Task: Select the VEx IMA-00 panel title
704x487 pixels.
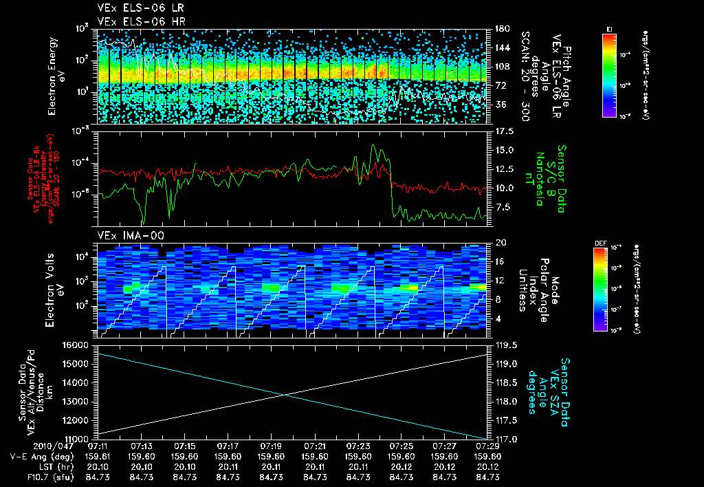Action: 124,235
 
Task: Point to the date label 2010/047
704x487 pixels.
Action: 25,446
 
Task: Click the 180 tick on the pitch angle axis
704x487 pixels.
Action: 500,29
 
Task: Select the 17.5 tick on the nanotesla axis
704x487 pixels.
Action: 503,131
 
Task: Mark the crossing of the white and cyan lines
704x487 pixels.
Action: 285,394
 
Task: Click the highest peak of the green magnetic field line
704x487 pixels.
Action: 373,145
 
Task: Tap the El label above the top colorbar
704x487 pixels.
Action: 609,28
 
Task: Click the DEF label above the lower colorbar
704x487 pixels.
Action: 608,243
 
